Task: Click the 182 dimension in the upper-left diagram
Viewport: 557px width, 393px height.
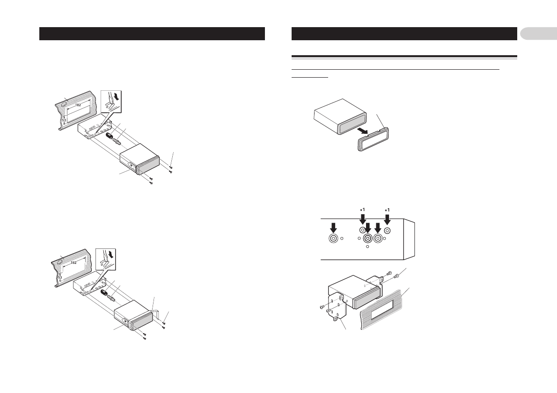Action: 79,105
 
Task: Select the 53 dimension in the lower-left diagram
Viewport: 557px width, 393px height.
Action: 60,277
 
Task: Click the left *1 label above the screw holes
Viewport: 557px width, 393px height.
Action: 362,209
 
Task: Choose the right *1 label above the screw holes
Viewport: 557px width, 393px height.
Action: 387,209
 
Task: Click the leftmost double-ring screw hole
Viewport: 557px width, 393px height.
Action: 333,239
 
